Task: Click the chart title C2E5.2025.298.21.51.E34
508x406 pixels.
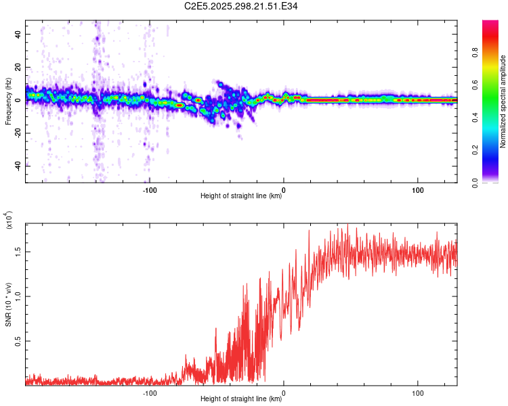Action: (241, 6)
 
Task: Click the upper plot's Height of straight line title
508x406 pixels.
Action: (241, 196)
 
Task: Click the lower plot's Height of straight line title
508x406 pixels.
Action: (241, 399)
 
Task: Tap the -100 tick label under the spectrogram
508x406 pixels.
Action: (150, 189)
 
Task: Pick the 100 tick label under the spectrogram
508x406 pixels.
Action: (418, 189)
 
